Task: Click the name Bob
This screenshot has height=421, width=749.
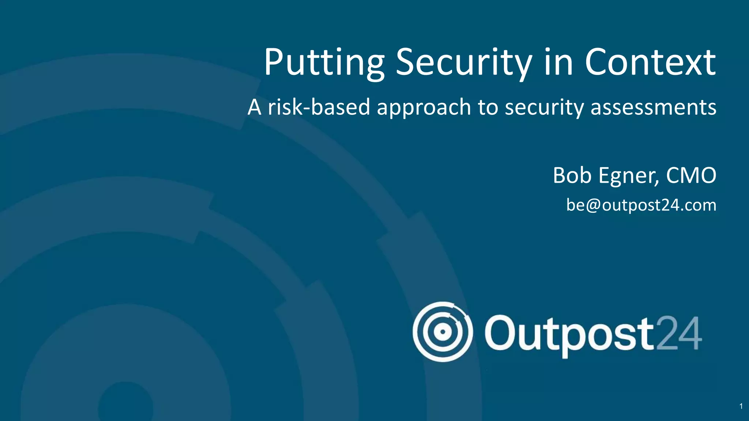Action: click(572, 175)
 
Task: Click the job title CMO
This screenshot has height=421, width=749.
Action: click(691, 175)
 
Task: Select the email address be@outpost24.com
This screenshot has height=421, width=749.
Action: click(641, 205)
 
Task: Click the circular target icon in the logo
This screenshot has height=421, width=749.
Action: click(443, 332)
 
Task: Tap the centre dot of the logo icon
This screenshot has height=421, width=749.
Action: click(443, 332)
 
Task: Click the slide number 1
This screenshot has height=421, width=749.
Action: click(741, 406)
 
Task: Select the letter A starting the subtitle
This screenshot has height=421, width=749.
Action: click(255, 107)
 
